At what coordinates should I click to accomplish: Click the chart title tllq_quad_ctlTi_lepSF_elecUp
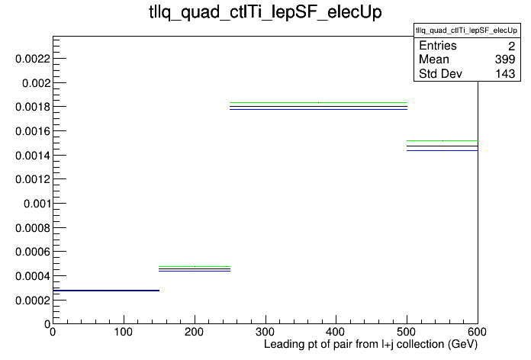click(x=265, y=12)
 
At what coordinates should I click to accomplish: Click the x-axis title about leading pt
click(x=371, y=345)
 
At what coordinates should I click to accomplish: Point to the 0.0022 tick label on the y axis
click(x=33, y=59)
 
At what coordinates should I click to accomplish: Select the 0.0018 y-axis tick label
click(x=33, y=107)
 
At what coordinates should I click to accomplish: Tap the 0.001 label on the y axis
click(x=37, y=204)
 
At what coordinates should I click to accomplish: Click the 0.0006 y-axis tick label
click(x=33, y=252)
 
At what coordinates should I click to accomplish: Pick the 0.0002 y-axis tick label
click(x=33, y=300)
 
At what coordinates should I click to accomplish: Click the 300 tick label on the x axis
click(x=265, y=332)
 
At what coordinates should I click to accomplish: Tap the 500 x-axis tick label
click(x=407, y=332)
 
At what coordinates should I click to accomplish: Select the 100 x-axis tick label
click(x=124, y=332)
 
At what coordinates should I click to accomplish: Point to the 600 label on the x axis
click(x=477, y=332)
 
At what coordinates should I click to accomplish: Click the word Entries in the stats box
click(x=437, y=45)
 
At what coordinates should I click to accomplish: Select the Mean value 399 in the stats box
click(x=505, y=59)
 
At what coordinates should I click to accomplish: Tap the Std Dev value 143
click(x=505, y=73)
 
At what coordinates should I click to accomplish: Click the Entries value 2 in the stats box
click(x=512, y=46)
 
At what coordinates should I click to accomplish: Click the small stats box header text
click(x=467, y=31)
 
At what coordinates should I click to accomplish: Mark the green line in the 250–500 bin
click(x=318, y=102)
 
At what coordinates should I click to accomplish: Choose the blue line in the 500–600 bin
click(x=443, y=150)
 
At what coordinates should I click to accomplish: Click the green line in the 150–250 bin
click(x=195, y=266)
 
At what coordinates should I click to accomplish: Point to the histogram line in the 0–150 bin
click(x=106, y=291)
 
